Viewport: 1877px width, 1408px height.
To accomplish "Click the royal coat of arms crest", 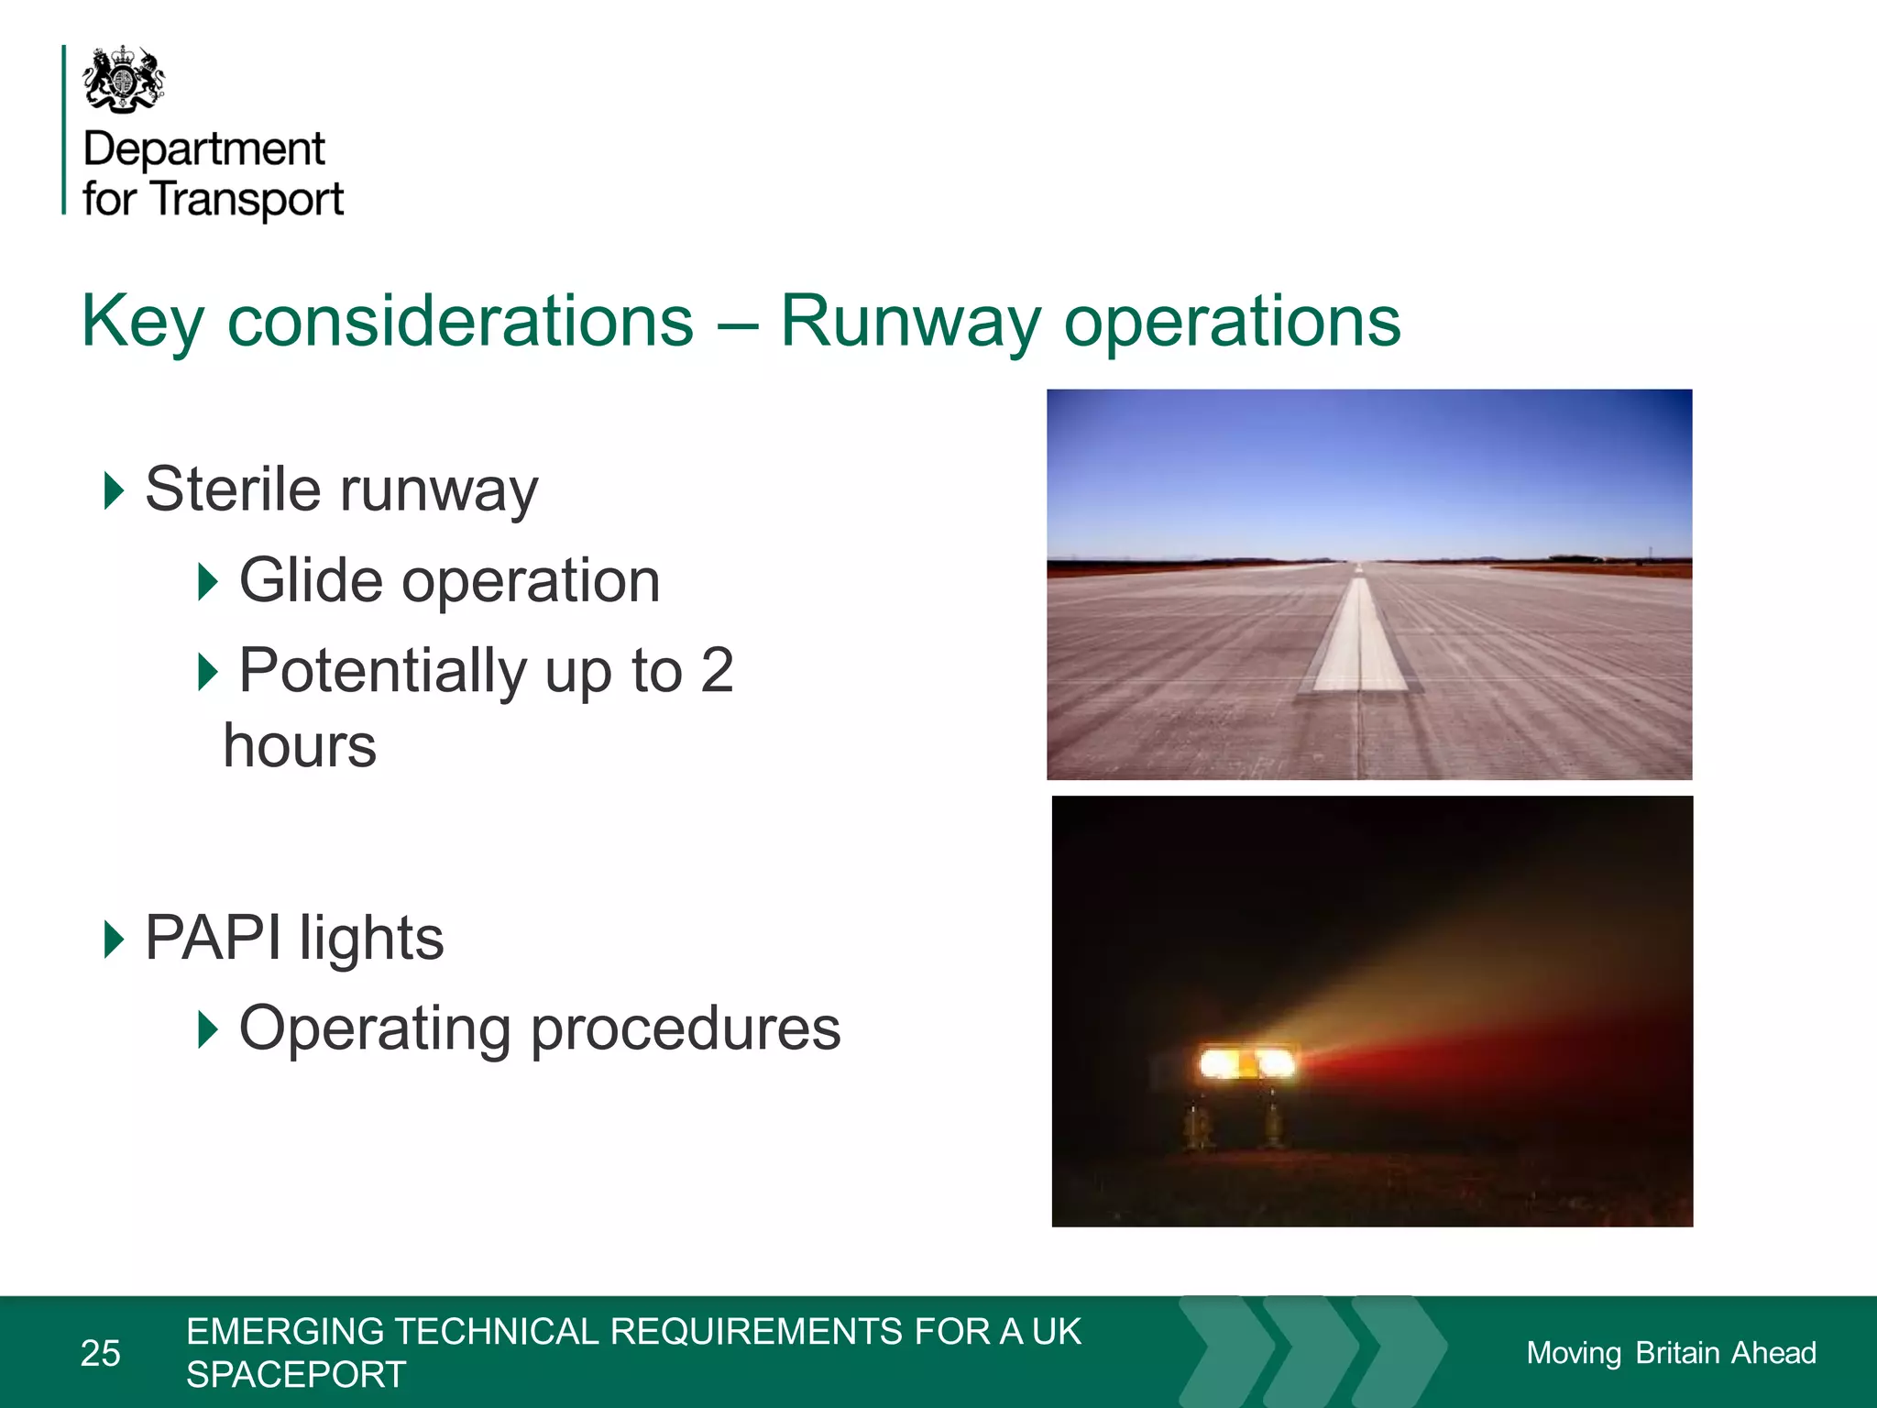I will (124, 79).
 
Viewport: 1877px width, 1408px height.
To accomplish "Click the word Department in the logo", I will (203, 148).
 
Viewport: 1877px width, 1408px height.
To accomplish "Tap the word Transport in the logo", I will (247, 199).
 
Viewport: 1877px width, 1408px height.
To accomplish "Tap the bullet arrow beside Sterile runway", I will (114, 490).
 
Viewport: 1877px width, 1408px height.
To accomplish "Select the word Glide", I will (311, 580).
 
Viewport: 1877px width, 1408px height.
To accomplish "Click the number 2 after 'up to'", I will (717, 670).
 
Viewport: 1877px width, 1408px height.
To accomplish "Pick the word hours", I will (300, 745).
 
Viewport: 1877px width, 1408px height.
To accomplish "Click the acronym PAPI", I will (213, 938).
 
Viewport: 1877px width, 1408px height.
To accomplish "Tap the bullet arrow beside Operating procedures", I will (208, 1029).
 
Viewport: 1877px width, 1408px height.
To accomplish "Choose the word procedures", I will (686, 1028).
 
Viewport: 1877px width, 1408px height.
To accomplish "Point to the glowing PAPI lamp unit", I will (1247, 1063).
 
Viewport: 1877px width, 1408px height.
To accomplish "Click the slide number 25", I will (101, 1353).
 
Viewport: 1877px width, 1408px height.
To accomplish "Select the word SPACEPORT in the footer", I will (296, 1374).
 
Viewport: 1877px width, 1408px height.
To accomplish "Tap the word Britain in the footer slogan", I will (1677, 1353).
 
